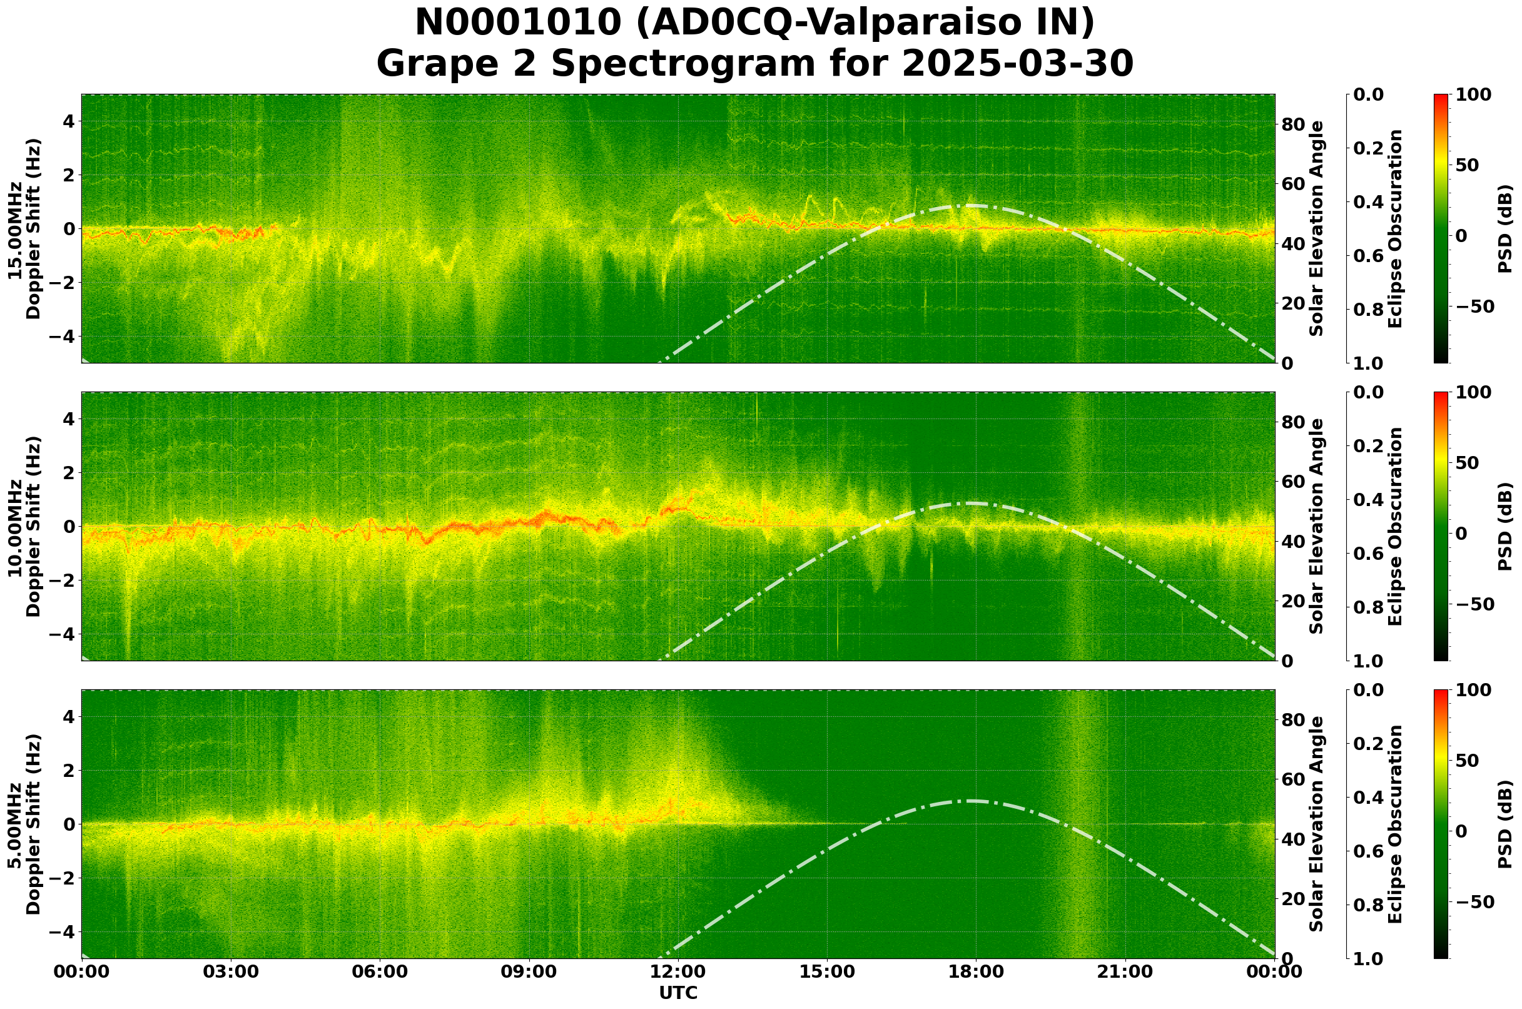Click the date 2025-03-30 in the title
[1017, 64]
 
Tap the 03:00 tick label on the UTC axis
[230, 971]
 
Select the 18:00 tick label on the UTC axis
[976, 971]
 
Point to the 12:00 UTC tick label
[677, 971]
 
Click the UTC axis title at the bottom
[677, 993]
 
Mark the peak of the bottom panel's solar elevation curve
[969, 801]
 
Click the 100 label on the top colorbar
[1473, 95]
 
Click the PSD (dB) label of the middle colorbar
[1504, 526]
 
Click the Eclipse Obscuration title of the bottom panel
[1395, 824]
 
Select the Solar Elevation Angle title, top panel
[1317, 229]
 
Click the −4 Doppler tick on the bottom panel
[67, 932]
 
